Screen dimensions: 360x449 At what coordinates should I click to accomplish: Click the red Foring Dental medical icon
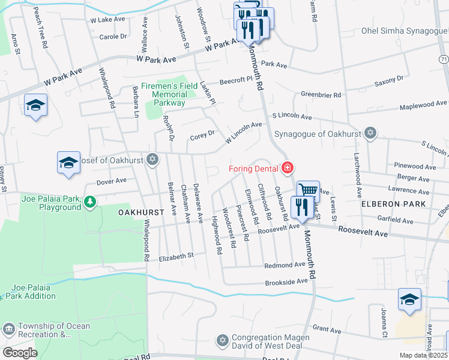[x=288, y=168]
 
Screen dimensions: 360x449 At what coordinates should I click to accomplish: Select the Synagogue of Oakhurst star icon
[x=370, y=133]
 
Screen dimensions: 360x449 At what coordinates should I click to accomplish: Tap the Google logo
[x=20, y=353]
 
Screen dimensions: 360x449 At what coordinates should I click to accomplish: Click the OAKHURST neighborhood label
[x=141, y=212]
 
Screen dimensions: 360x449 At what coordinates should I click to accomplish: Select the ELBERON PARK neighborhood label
[x=394, y=204]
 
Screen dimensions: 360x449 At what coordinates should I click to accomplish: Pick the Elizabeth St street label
[x=176, y=256]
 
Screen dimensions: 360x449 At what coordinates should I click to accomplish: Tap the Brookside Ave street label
[x=286, y=281]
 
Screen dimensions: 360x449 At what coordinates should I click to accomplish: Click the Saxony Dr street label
[x=389, y=79]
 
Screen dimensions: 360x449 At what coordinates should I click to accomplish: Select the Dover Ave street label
[x=112, y=180]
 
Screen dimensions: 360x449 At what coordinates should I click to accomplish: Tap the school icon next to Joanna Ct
[x=409, y=299]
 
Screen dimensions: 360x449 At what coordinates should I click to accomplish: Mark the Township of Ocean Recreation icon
[x=8, y=329]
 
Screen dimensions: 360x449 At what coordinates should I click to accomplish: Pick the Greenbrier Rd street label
[x=321, y=95]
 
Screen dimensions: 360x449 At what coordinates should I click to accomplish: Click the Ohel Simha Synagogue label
[x=405, y=31]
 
